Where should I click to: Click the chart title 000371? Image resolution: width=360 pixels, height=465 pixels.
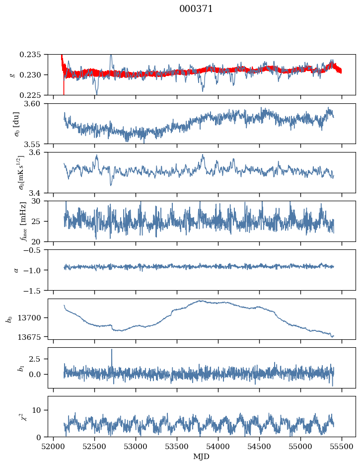tap(196, 9)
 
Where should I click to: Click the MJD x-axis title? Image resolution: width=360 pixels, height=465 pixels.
tap(202, 456)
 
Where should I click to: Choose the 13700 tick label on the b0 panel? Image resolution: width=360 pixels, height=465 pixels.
tap(35, 317)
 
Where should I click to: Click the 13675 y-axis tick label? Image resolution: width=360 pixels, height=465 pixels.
tap(35, 337)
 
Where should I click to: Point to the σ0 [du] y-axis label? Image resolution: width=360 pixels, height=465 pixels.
tap(16, 124)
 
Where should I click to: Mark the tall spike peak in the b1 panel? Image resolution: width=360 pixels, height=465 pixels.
tap(112, 350)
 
